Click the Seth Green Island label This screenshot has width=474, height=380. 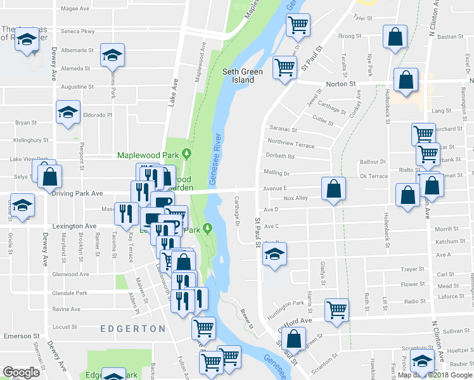tap(242, 76)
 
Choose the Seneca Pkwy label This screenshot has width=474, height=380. tap(78, 31)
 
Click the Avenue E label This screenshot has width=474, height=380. tap(275, 188)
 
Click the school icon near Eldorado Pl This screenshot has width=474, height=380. tap(68, 113)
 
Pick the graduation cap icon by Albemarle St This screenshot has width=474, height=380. tap(112, 54)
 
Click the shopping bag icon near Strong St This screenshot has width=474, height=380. tap(395, 38)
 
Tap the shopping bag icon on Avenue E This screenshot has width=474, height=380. tap(333, 189)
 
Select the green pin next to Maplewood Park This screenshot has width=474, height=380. tap(186, 154)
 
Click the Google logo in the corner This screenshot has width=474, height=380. tap(22, 372)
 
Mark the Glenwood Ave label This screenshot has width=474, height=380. tap(72, 274)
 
